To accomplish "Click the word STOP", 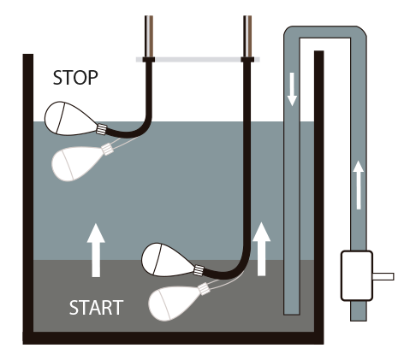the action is click(75, 78).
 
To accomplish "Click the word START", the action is click(96, 308).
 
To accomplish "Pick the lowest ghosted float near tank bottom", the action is click(177, 302).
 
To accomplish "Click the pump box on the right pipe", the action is click(357, 275).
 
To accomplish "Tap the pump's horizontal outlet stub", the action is click(383, 276).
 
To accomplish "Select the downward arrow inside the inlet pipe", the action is click(292, 89).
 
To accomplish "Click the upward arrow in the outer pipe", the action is click(359, 185).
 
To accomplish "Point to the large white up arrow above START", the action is click(96, 250).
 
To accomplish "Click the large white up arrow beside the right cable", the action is click(261, 249).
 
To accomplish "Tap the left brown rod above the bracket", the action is click(149, 36).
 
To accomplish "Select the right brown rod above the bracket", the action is click(247, 36).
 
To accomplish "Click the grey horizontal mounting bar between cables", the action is click(198, 60).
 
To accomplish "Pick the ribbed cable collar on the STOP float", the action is click(101, 129).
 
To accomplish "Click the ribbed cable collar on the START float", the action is click(199, 270).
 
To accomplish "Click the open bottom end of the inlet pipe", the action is click(292, 314).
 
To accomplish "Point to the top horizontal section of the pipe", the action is click(325, 32).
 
